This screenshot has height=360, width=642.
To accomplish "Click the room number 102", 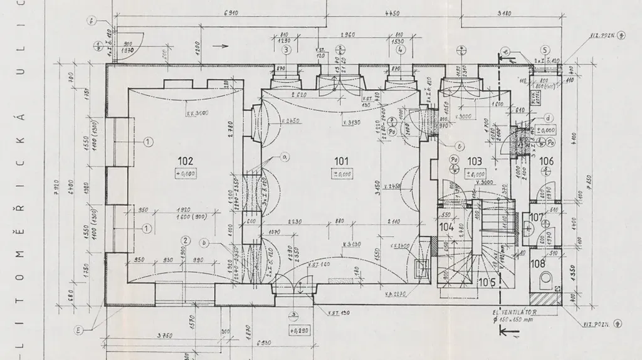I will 185,161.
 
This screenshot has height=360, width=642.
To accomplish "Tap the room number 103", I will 475,161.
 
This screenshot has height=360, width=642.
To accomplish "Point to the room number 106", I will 547,161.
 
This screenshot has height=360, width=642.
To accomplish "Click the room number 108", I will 538,263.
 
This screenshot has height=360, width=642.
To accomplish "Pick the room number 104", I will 446,227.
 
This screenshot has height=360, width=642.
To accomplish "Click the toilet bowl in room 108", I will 546,278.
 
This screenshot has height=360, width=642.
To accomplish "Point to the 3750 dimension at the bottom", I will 164,336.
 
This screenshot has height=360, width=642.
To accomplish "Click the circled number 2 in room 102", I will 186,239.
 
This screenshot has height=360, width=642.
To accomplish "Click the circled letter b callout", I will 204,243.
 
